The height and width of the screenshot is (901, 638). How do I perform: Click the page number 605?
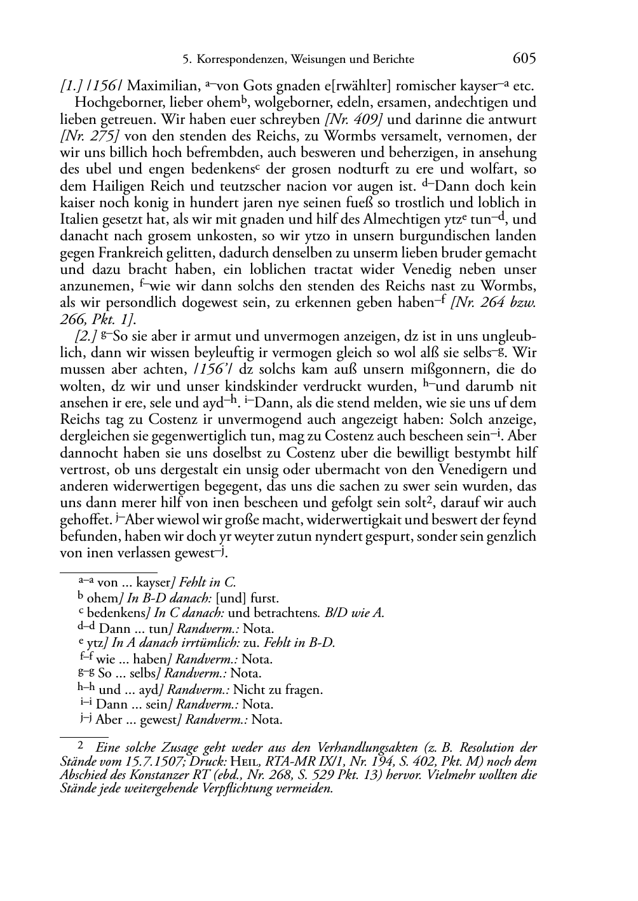(524, 59)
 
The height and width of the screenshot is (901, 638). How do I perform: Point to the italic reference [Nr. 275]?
(89, 136)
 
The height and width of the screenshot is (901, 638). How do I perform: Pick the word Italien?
(81, 220)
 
